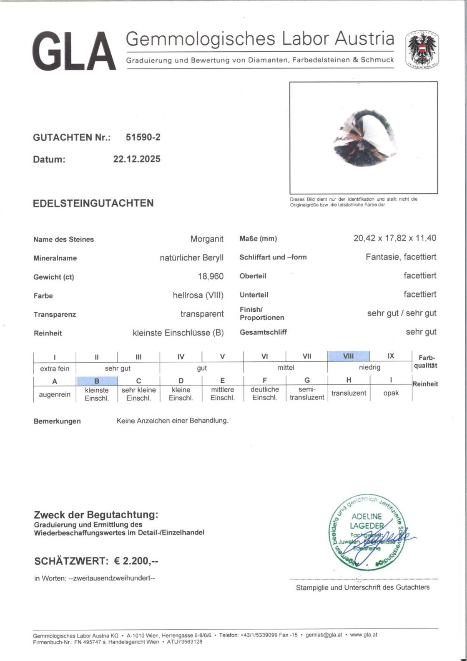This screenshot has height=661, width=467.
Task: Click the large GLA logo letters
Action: click(x=74, y=51)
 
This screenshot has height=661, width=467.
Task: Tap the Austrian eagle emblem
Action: click(x=422, y=49)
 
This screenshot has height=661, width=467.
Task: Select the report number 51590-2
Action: click(x=143, y=137)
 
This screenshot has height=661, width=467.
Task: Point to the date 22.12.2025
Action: click(x=137, y=159)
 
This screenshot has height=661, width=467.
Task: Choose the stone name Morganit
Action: click(x=207, y=239)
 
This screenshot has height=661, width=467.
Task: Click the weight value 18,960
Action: click(x=211, y=276)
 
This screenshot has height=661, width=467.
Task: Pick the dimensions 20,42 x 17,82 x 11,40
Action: click(x=394, y=238)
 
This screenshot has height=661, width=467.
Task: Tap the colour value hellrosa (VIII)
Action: click(x=198, y=295)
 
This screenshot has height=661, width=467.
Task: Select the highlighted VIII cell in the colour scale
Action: click(x=348, y=356)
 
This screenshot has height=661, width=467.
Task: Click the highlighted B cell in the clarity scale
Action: click(x=97, y=381)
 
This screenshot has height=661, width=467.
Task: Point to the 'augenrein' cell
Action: click(x=55, y=394)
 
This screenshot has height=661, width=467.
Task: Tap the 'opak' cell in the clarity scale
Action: click(x=391, y=393)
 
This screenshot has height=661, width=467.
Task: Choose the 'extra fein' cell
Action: click(x=55, y=368)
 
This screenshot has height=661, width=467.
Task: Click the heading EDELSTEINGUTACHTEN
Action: click(x=93, y=203)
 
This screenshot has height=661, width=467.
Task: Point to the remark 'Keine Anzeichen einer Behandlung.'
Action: click(x=172, y=421)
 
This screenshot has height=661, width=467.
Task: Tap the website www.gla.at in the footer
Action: click(x=364, y=635)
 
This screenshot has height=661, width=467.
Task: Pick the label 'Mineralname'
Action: click(x=55, y=258)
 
